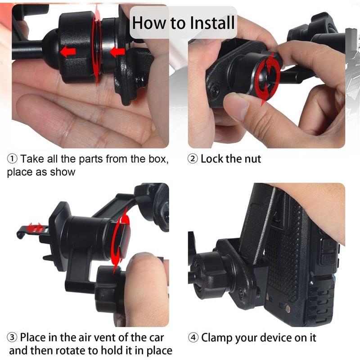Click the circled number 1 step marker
click(x=12, y=159)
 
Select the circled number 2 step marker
click(x=193, y=159)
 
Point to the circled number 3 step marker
click(x=12, y=337)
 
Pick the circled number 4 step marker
click(x=193, y=337)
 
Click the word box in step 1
click(x=158, y=159)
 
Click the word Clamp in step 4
click(x=216, y=338)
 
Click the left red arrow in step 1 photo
click(x=68, y=51)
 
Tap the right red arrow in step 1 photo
click(x=117, y=52)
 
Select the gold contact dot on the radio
click(x=287, y=309)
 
